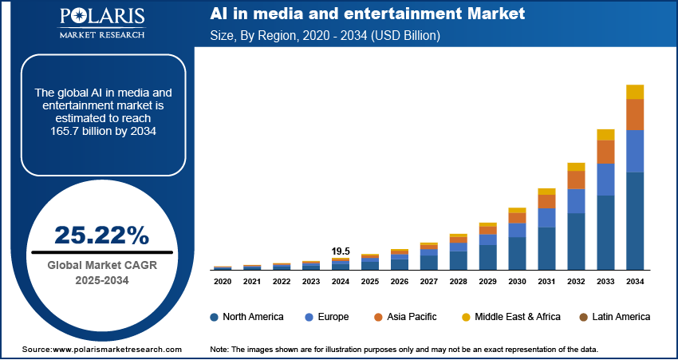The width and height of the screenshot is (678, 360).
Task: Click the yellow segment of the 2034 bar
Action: click(x=635, y=92)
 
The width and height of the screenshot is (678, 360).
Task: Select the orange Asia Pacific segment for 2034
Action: click(x=635, y=115)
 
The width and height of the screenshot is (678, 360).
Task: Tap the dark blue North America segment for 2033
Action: click(x=605, y=232)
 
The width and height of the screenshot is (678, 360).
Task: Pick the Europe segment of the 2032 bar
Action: click(x=576, y=201)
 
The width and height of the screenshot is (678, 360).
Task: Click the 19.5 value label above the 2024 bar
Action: click(x=341, y=251)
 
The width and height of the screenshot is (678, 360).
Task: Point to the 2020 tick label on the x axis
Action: click(x=223, y=282)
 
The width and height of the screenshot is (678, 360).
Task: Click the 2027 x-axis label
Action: click(x=429, y=282)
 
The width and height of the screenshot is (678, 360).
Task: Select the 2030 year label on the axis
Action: click(x=517, y=282)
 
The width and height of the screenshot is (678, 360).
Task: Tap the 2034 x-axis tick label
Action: click(x=635, y=282)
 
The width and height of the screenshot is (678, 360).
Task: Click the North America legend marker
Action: click(x=215, y=317)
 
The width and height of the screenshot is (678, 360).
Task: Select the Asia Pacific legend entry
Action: click(x=408, y=317)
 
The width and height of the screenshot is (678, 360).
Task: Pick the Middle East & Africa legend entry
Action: click(x=510, y=317)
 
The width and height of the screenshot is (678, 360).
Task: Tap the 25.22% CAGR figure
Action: click(x=101, y=235)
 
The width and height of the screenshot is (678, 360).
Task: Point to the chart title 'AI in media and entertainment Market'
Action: click(x=368, y=14)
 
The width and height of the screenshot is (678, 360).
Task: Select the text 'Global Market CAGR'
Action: click(x=101, y=265)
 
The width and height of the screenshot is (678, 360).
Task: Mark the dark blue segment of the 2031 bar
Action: click(x=546, y=248)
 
